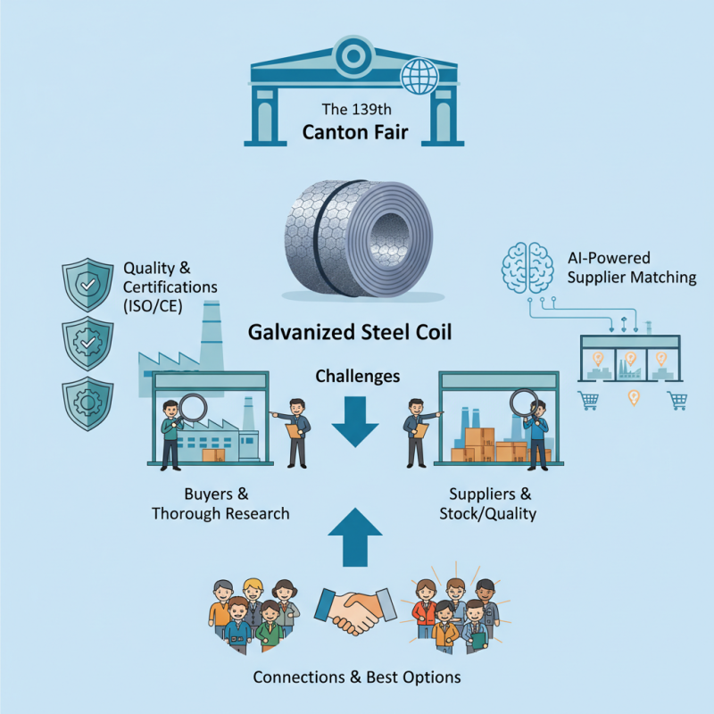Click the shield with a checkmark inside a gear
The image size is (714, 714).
(x=87, y=342)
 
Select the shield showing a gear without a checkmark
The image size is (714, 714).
(x=87, y=403)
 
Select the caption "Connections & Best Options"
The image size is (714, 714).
(x=357, y=677)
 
